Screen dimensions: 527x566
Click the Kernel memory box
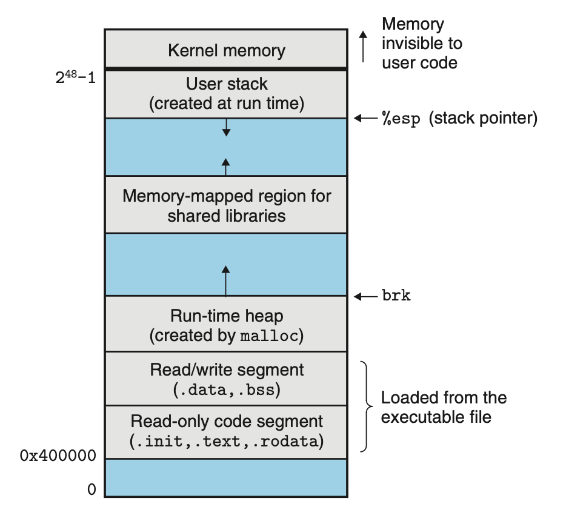pos(226,50)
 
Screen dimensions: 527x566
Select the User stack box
pos(226,93)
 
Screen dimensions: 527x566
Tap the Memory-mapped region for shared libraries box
pos(226,205)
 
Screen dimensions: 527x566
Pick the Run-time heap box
pos(226,325)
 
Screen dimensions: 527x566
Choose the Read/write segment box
pos(226,379)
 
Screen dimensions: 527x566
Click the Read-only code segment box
pos(226,431)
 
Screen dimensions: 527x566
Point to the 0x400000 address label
pos(58,456)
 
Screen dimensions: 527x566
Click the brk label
pos(396,296)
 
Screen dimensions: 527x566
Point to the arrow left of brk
pos(365,296)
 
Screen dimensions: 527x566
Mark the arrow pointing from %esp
pos(365,119)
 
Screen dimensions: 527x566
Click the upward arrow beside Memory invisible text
pos(364,47)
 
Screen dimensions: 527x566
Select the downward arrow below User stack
pos(226,127)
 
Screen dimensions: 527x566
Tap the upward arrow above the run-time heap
pos(226,281)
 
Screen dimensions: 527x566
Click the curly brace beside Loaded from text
pos(365,406)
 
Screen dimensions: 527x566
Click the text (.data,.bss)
pos(226,389)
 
